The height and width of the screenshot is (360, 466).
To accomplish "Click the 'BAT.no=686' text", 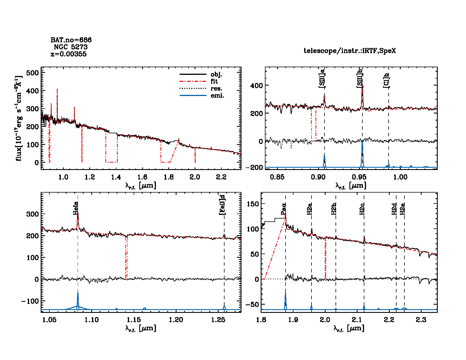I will (x=71, y=40).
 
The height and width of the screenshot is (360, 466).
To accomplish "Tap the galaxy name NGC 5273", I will (x=71, y=47).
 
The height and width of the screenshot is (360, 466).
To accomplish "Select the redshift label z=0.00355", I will (x=69, y=54).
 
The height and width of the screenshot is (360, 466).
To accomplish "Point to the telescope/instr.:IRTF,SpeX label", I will (x=350, y=51).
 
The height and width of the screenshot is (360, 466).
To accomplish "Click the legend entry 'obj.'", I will (x=216, y=75).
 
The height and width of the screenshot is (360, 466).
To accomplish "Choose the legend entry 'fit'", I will (x=214, y=81).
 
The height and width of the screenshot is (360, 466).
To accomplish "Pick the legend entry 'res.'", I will (x=216, y=88).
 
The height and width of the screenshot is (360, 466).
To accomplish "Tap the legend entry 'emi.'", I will (x=217, y=95).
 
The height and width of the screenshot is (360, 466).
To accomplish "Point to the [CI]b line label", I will (x=386, y=80).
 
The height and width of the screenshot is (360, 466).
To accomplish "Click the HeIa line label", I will (x=76, y=208).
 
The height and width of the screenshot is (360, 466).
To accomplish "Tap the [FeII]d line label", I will (x=223, y=205).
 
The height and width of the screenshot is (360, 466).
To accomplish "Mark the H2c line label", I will (x=362, y=209).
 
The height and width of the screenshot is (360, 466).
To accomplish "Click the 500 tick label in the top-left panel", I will (x=32, y=73).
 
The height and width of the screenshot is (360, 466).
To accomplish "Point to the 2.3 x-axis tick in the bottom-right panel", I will (x=421, y=320).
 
